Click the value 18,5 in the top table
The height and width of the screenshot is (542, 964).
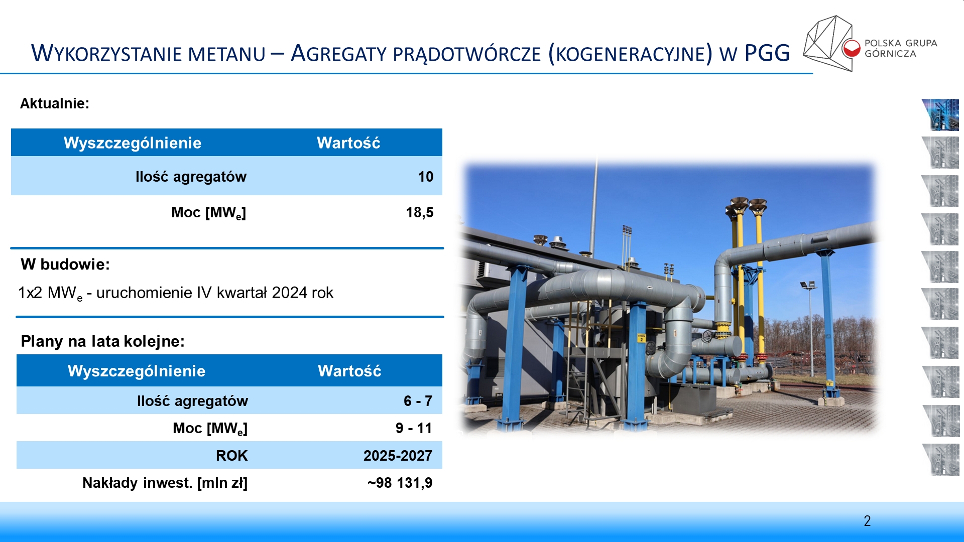point(420,213)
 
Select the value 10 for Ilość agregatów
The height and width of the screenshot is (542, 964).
point(426,177)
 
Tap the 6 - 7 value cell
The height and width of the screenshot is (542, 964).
point(418,401)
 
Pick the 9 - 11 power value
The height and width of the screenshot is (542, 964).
point(414,428)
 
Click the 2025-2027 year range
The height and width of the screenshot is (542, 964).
point(398,456)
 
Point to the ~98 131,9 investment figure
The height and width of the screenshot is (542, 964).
point(400,483)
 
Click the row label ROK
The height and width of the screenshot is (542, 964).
point(231,456)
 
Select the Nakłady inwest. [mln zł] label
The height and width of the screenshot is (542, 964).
point(165,483)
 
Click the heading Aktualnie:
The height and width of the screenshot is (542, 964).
point(55,103)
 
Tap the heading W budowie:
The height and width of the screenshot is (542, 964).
point(65,264)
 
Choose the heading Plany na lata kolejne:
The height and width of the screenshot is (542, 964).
point(102,341)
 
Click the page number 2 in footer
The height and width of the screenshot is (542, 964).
point(867,521)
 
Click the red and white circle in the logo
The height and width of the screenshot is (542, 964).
point(852,48)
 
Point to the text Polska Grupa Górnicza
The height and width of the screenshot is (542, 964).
point(901,48)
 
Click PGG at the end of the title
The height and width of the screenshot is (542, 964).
point(767,53)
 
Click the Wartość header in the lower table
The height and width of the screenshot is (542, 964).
point(349,371)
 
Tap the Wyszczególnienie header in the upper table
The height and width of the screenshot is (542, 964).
point(133,143)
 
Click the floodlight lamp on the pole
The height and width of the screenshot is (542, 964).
point(808,285)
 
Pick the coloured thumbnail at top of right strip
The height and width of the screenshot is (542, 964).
point(940,115)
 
